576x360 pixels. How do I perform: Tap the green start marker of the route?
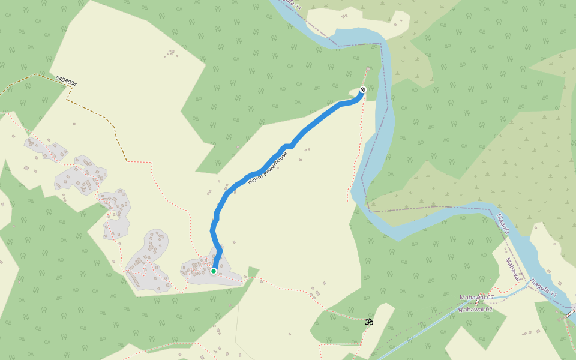click(213, 271)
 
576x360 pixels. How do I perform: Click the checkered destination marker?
click(362, 90)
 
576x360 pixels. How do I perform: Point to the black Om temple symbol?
click(369, 322)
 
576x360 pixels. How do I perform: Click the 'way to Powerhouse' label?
click(268, 167)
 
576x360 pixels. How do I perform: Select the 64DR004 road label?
click(67, 80)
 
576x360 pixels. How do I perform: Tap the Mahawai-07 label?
click(476, 298)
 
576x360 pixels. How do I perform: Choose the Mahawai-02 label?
click(475, 310)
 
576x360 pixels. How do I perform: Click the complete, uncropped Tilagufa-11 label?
click(543, 288)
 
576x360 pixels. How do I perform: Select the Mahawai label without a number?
click(511, 269)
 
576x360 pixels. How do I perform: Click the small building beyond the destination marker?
click(367, 69)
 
